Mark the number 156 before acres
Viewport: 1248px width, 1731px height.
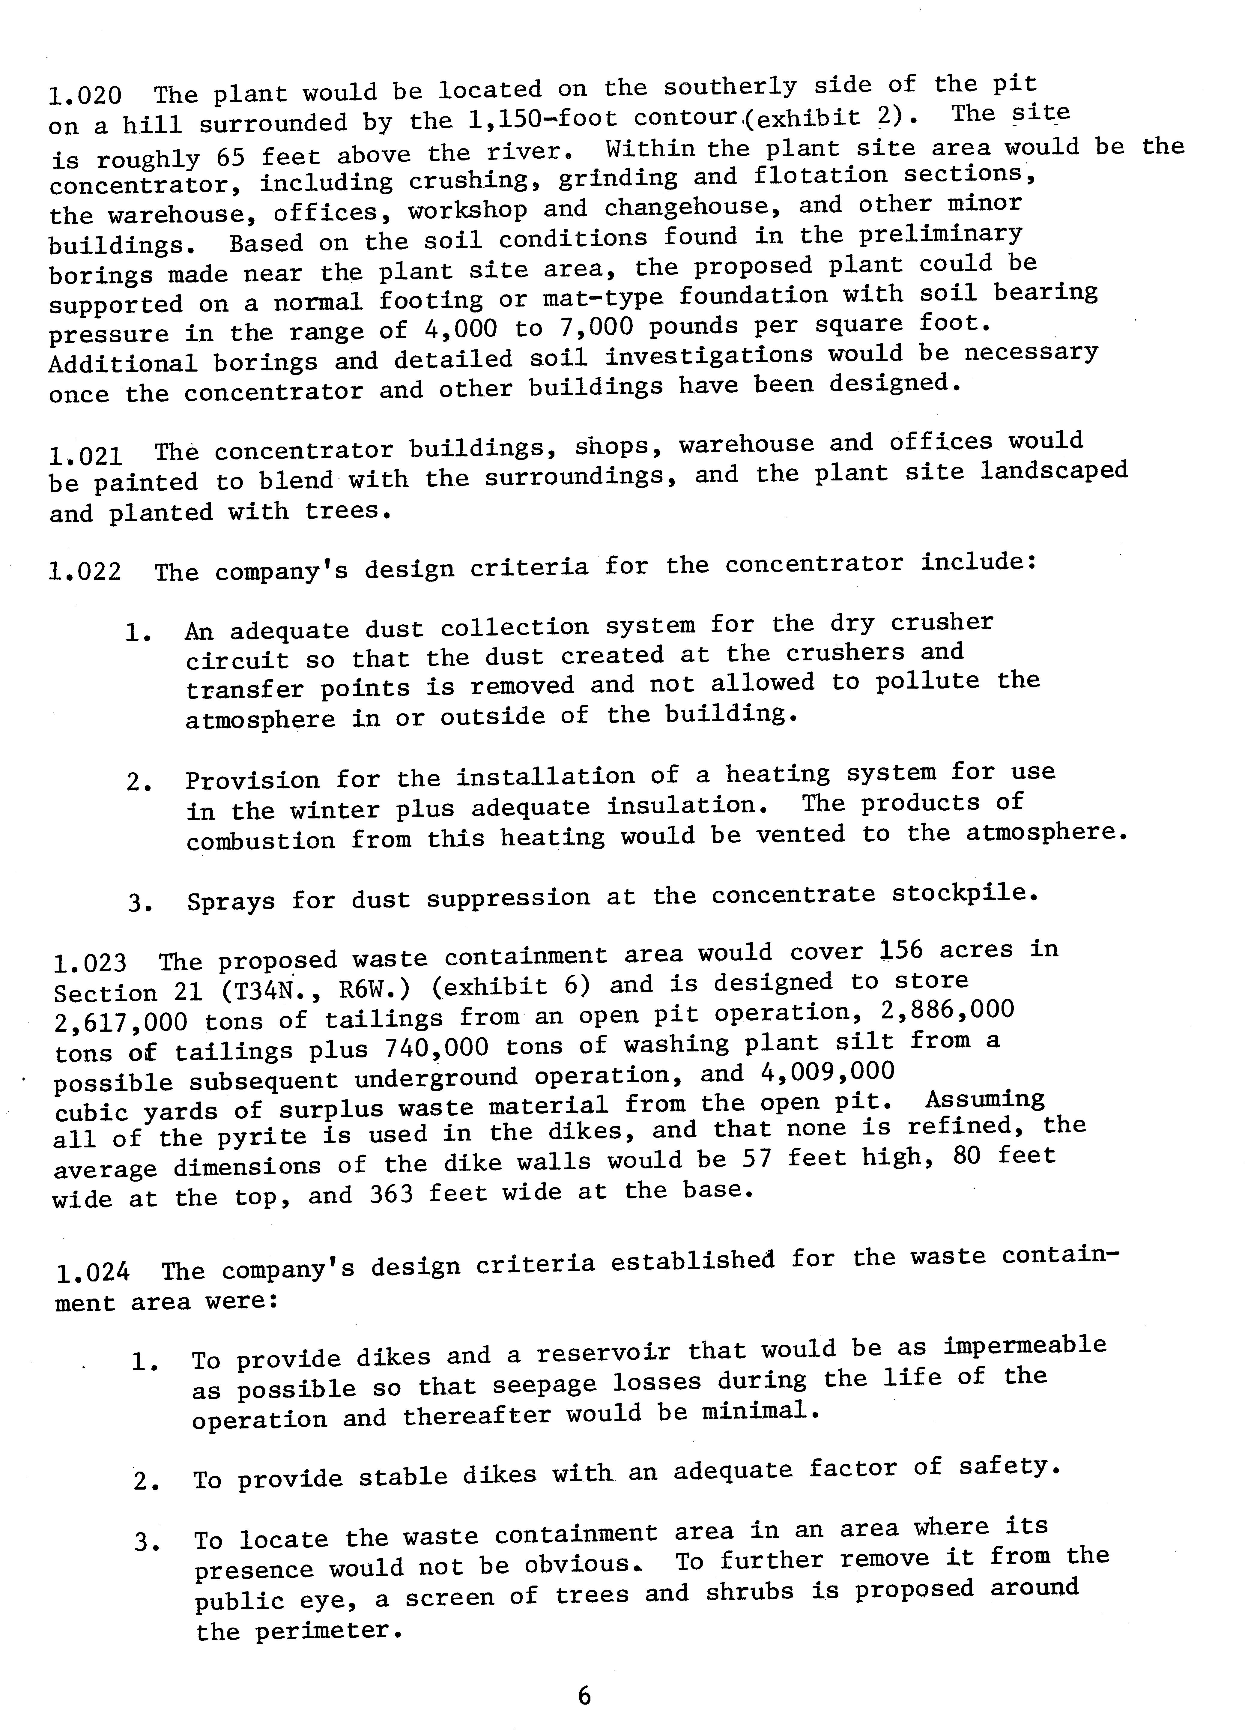pyautogui.click(x=901, y=950)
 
